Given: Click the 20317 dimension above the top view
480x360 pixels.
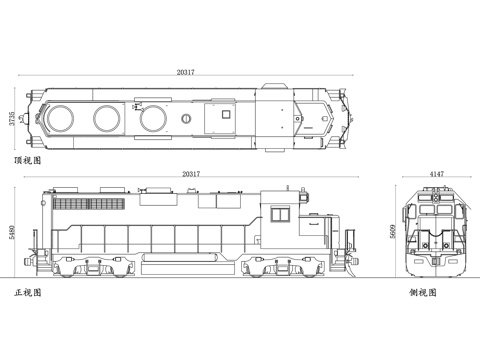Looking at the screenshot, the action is (x=186, y=72).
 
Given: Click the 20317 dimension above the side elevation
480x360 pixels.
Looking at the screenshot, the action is (x=191, y=174).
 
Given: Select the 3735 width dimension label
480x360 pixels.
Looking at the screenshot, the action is (x=12, y=118).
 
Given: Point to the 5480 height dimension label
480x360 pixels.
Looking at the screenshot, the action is (x=12, y=232).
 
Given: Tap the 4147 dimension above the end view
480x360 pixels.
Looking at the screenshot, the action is (x=437, y=174).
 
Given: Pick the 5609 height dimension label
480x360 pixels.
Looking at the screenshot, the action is (x=393, y=231).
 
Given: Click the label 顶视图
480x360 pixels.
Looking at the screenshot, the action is (x=28, y=160).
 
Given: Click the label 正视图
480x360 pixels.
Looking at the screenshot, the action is (x=28, y=292).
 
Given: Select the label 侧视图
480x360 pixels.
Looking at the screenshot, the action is (x=423, y=292).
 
